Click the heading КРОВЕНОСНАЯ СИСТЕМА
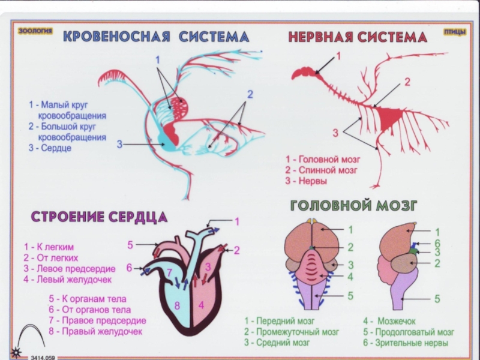(156, 37)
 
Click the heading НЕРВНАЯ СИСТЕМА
(358, 38)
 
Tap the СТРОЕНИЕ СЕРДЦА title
(99, 217)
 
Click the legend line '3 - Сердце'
(50, 148)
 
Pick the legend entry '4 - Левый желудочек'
(68, 279)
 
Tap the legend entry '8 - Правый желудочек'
(96, 331)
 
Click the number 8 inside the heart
(177, 305)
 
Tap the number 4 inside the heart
(202, 305)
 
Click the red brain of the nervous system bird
(305, 73)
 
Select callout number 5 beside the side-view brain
(437, 298)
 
